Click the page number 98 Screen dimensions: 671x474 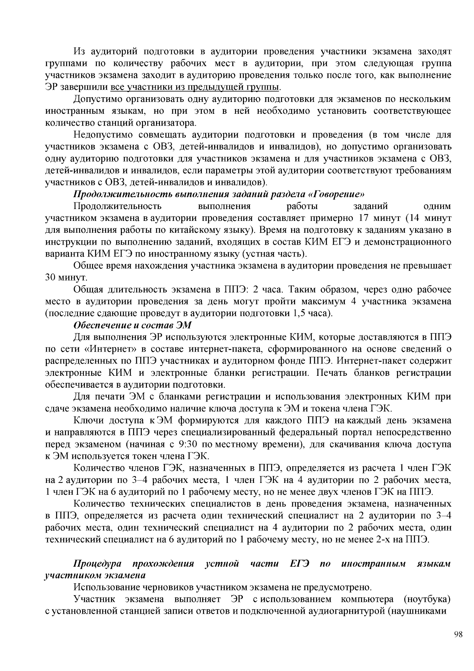pos(458,635)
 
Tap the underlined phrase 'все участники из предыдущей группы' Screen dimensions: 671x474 pos(196,87)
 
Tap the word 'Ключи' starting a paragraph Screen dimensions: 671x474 pos(86,420)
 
